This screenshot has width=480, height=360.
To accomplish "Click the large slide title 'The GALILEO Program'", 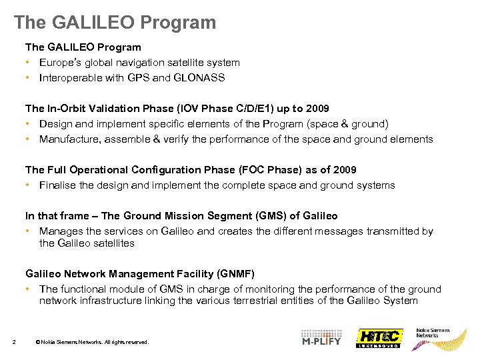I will tap(115, 22).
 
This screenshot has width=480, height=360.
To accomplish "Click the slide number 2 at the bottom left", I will tap(14, 343).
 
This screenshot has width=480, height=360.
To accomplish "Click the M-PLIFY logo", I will tap(321, 338).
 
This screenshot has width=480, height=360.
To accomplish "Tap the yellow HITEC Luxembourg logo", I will tap(379, 338).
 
